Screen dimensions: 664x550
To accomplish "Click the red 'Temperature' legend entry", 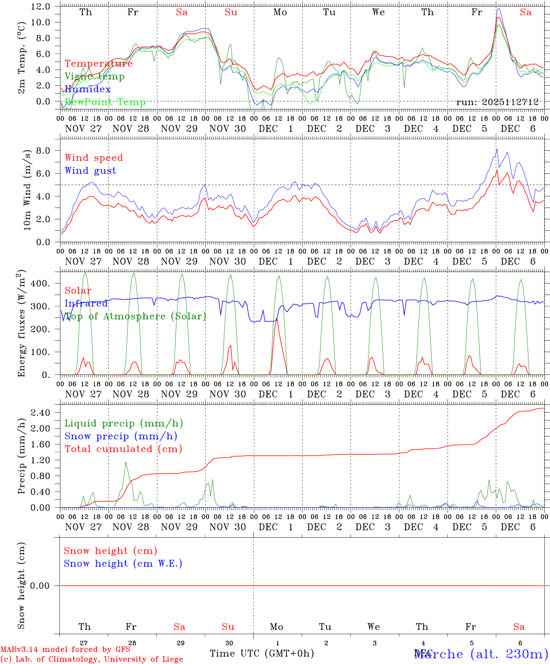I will pos(98,64).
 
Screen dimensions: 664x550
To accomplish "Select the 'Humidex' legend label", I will pos(88,89).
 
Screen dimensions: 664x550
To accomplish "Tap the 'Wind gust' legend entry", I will pos(90,171).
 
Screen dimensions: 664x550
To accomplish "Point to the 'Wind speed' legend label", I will pos(94,158).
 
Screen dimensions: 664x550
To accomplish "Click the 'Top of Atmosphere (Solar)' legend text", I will pos(135,316).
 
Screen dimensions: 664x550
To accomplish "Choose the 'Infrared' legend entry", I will pos(86,303).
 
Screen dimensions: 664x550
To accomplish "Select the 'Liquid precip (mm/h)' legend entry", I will pos(123,423).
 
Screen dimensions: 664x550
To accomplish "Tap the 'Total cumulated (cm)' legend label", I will pos(123,449).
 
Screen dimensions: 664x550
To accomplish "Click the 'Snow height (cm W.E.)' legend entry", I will pos(123,563).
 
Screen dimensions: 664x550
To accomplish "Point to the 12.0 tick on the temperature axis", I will pos(41,6).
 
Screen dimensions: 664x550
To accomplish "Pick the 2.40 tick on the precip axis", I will pos(41,413).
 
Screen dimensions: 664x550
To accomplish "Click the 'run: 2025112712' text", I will pos(497,102).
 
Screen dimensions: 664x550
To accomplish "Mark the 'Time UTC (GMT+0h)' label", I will pos(262,653).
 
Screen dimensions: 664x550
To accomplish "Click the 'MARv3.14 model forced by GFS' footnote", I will pos(65,650).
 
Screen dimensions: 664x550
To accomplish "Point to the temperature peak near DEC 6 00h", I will pos(498,18).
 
